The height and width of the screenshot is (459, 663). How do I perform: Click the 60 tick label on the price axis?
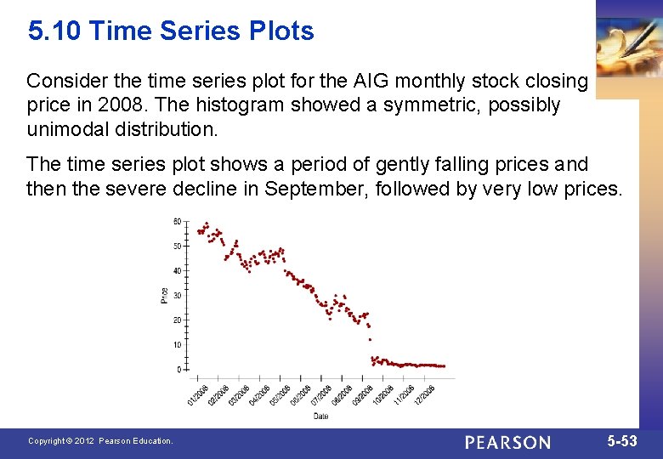point(177,221)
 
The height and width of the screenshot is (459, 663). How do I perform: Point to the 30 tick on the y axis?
point(177,296)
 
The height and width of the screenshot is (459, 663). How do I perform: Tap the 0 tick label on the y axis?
point(178,370)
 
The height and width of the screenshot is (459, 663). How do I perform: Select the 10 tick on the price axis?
point(177,345)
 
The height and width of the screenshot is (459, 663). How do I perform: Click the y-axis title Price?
point(164,296)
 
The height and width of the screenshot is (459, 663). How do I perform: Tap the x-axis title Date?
point(320,416)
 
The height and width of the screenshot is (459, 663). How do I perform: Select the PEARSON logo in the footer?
point(507,442)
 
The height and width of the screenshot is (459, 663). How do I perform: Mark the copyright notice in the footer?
point(99,441)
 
